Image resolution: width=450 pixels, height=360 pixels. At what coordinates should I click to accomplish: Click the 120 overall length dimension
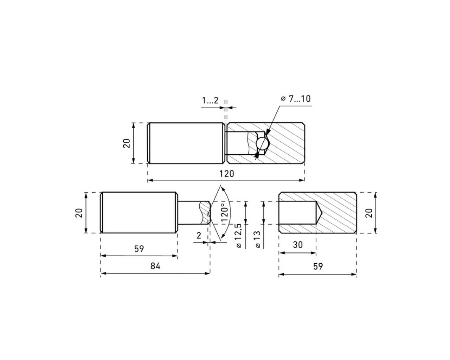click(227, 174)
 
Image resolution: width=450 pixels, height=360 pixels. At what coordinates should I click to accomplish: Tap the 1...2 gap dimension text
click(210, 101)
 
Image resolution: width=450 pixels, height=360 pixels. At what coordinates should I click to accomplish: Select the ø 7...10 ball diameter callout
click(296, 99)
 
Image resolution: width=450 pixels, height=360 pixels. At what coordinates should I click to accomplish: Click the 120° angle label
click(225, 213)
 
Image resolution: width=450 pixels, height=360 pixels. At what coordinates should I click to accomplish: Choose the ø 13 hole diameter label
click(258, 239)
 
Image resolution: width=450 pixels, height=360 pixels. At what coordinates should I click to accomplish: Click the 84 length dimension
click(155, 266)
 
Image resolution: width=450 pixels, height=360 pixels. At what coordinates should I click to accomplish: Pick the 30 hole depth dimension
click(298, 245)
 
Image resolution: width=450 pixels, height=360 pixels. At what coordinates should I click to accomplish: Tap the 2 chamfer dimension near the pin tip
click(199, 236)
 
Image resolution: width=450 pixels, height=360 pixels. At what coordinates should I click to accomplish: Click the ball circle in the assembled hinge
click(262, 143)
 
